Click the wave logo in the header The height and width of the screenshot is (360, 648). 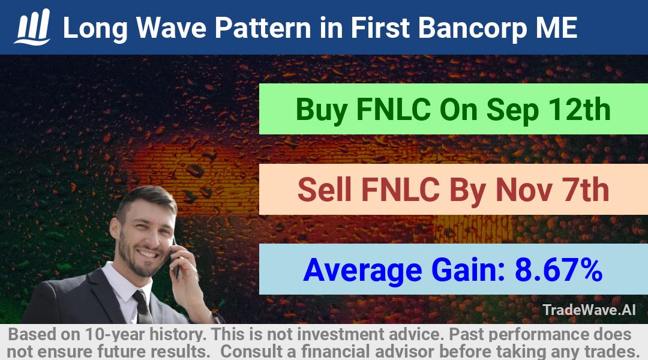pyautogui.click(x=32, y=27)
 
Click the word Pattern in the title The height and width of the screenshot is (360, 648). pyautogui.click(x=262, y=28)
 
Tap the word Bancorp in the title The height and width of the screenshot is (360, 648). pyautogui.click(x=472, y=29)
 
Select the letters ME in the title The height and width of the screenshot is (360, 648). pyautogui.click(x=556, y=28)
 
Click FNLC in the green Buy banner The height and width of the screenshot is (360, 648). pyautogui.click(x=393, y=110)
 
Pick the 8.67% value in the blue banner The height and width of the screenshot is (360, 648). pyautogui.click(x=558, y=270)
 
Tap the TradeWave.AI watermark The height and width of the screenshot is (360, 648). pyautogui.click(x=589, y=310)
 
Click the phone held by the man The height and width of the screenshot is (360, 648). pyautogui.click(x=176, y=260)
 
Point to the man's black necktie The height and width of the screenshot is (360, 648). pyautogui.click(x=143, y=307)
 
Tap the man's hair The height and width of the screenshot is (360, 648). pyautogui.click(x=145, y=200)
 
